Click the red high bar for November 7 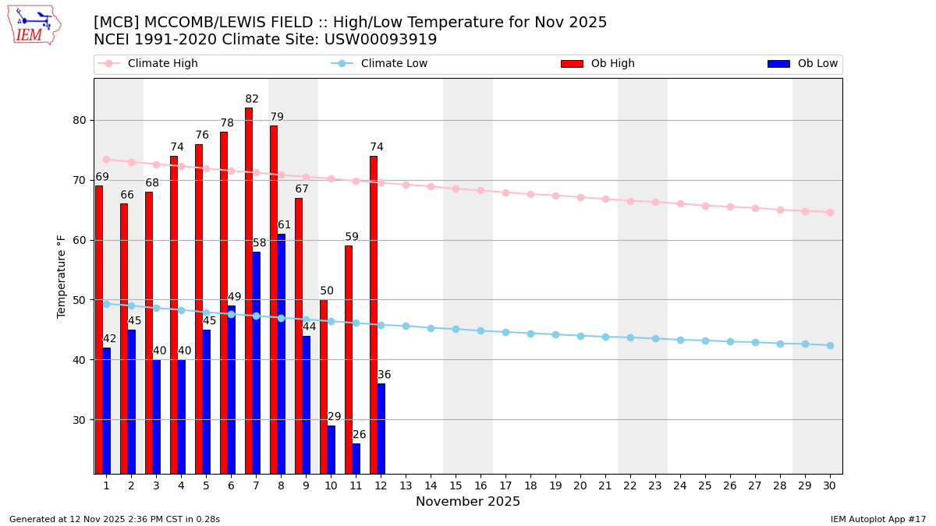pyautogui.click(x=249, y=290)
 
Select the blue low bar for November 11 pyautogui.click(x=356, y=458)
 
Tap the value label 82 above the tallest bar pyautogui.click(x=252, y=99)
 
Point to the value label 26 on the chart pyautogui.click(x=359, y=435)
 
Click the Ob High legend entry pyautogui.click(x=597, y=64)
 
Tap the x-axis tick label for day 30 pyautogui.click(x=829, y=485)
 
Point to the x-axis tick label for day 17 pyautogui.click(x=505, y=485)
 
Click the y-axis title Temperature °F pyautogui.click(x=62, y=276)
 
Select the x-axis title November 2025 pyautogui.click(x=468, y=502)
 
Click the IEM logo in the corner pyautogui.click(x=34, y=25)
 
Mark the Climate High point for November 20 pyautogui.click(x=580, y=197)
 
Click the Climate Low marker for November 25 pyautogui.click(x=705, y=341)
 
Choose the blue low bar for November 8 pyautogui.click(x=281, y=354)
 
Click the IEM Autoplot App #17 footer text pyautogui.click(x=878, y=519)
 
